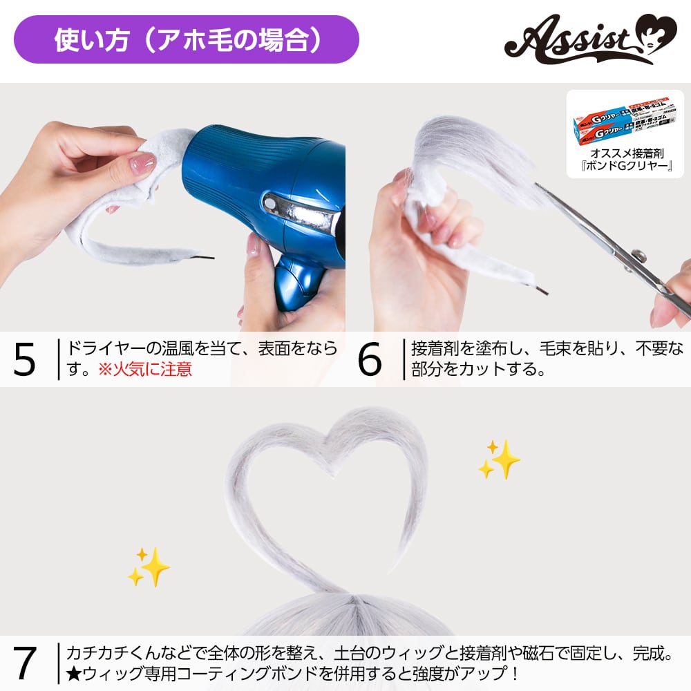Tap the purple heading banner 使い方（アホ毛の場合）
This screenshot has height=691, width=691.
pyautogui.click(x=187, y=39)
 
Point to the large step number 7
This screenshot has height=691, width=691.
pyautogui.click(x=25, y=663)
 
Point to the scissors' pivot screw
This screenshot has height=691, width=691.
pyautogui.click(x=640, y=256)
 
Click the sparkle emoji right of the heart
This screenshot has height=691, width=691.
pyautogui.click(x=499, y=459)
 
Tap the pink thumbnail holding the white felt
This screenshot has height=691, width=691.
pyautogui.click(x=143, y=164)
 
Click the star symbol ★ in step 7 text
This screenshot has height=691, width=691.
pyautogui.click(x=73, y=673)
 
